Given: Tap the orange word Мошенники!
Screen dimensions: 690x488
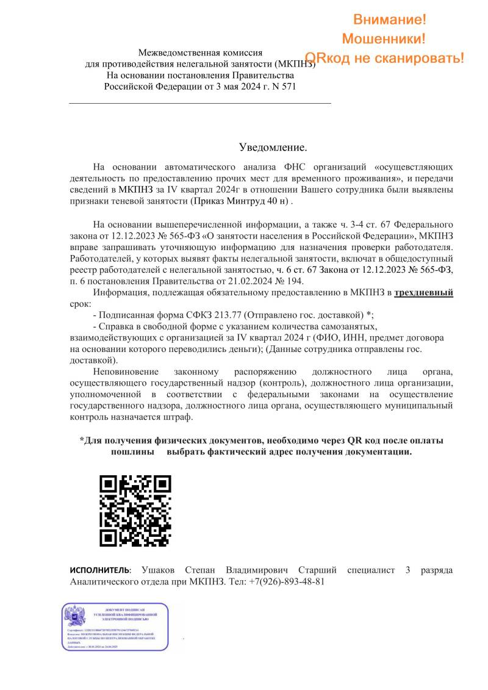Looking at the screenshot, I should [384, 39].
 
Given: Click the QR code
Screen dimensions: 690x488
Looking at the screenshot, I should [135, 511].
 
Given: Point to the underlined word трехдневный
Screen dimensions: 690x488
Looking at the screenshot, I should [423, 292].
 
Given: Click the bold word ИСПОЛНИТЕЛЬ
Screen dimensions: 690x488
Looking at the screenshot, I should [100, 570].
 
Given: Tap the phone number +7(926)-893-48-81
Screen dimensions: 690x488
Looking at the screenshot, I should [286, 581].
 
